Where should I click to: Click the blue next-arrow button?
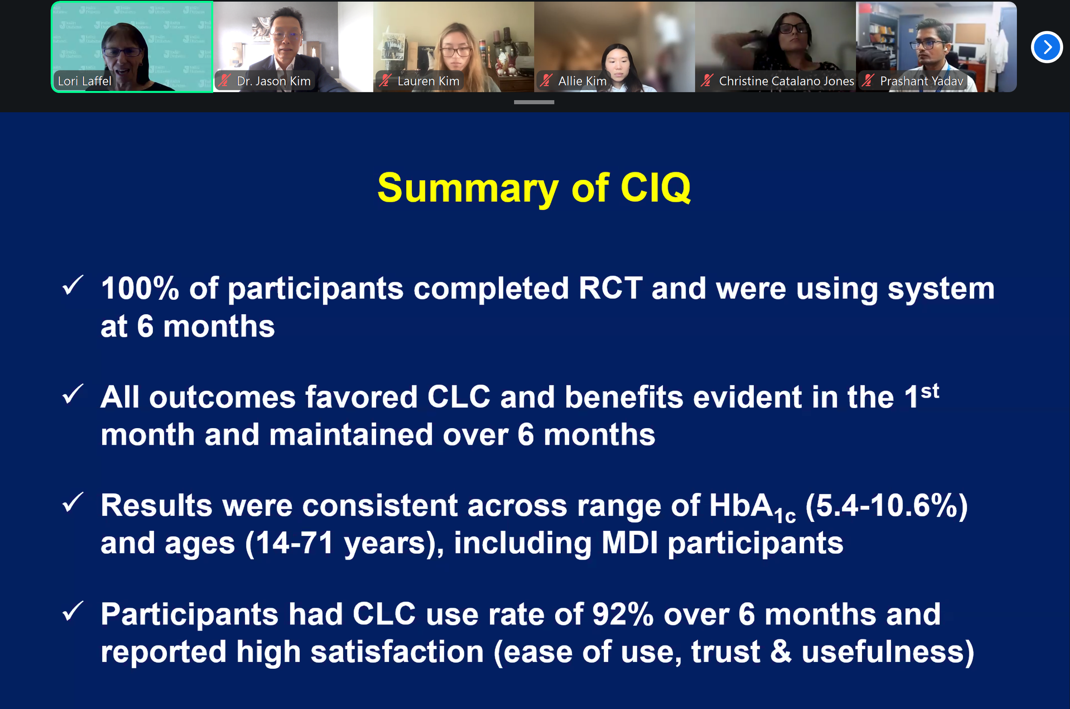tap(1046, 47)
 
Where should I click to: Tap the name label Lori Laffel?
tap(85, 81)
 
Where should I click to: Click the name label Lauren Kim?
tap(428, 81)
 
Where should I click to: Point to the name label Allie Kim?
tap(582, 81)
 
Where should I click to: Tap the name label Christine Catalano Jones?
tap(787, 81)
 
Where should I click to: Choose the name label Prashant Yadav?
tap(921, 81)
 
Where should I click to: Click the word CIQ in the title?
tap(655, 188)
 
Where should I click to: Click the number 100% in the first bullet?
tap(140, 288)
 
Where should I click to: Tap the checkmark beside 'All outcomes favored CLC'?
tap(73, 394)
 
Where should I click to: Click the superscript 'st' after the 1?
tap(930, 390)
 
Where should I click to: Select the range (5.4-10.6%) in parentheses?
tap(886, 505)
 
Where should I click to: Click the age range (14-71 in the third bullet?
tap(289, 543)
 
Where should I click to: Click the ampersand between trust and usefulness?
tap(781, 652)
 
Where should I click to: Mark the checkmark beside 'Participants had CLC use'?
tap(73, 611)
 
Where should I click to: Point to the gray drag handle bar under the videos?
tap(534, 102)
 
